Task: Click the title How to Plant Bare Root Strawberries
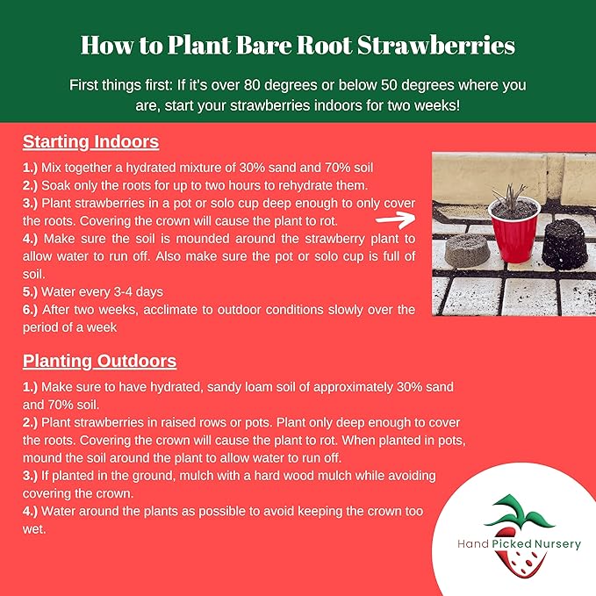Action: [298, 44]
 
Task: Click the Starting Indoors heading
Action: [90, 141]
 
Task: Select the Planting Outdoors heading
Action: [99, 361]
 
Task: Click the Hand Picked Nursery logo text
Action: [519, 544]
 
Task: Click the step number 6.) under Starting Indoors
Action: [32, 309]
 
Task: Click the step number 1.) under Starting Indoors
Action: [32, 165]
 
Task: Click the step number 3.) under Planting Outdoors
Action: [32, 475]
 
